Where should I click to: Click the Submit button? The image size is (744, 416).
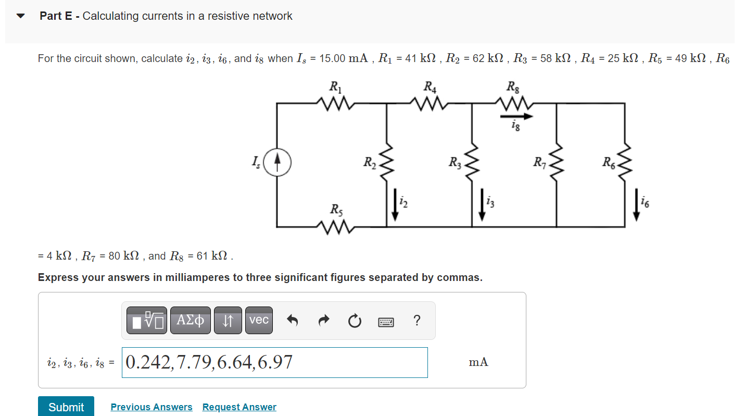[66, 407]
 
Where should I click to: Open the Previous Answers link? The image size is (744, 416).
[151, 407]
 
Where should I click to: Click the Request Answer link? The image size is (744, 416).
[239, 407]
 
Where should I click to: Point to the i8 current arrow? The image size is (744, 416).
[515, 116]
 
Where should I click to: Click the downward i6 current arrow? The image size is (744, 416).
[636, 207]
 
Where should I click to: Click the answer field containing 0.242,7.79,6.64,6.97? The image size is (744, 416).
[274, 362]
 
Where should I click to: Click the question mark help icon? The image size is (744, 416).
[416, 321]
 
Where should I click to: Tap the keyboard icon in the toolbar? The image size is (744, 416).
[386, 322]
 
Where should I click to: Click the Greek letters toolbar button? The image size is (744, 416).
[190, 320]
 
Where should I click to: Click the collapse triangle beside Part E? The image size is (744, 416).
[21, 16]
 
